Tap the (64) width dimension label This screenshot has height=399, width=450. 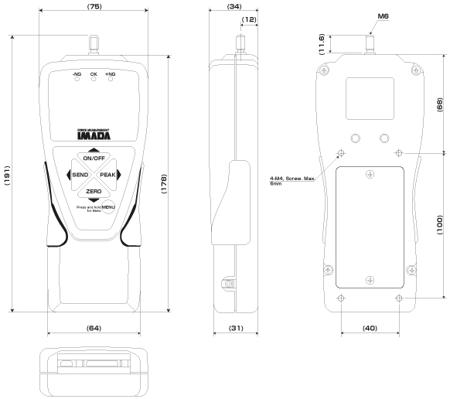coord(94,329)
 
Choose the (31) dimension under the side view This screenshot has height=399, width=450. coord(233,329)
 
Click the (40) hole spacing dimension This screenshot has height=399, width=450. coord(370,329)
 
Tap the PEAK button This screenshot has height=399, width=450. coord(107,175)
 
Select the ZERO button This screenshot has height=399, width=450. coord(94,190)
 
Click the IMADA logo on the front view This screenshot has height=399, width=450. coord(94,135)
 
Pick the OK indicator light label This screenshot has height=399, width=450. coord(94,74)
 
